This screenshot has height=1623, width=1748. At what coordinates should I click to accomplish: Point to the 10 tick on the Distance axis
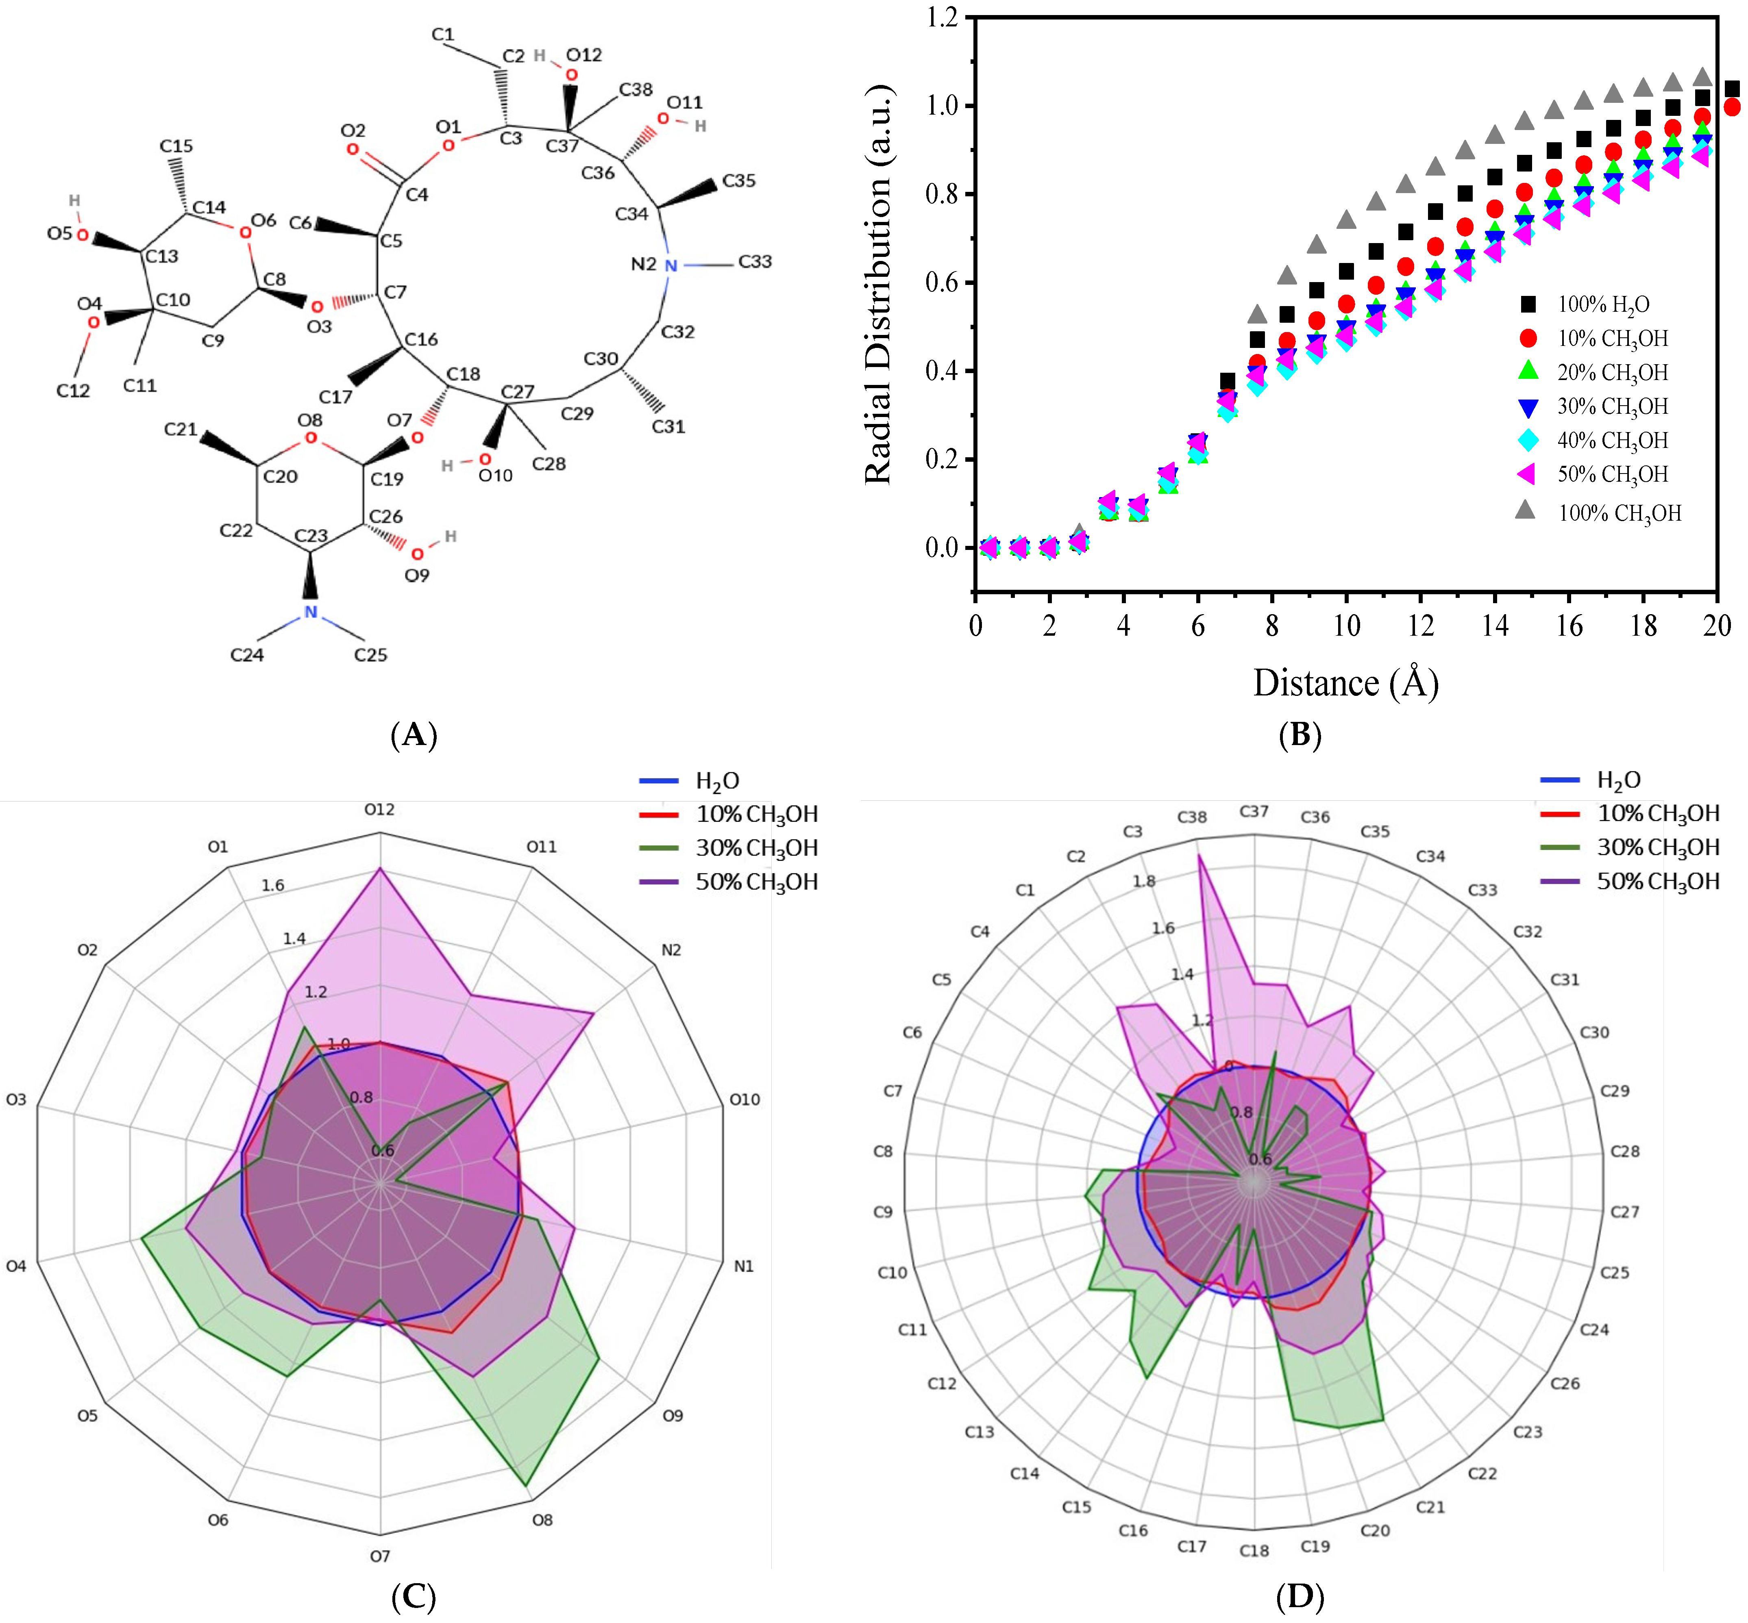[x=1346, y=626]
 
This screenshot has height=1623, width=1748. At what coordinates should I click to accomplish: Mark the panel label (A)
[x=413, y=734]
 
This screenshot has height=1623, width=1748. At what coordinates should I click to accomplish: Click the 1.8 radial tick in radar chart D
[x=1144, y=881]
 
